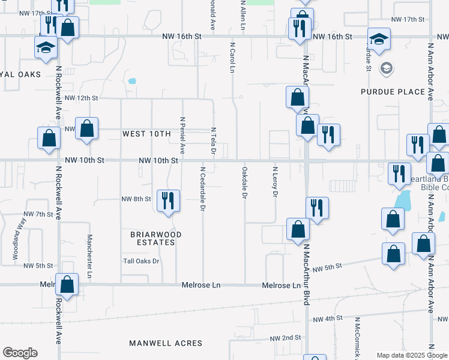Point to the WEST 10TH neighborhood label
[147, 134]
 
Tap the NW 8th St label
[136, 199]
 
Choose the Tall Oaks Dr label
[141, 261]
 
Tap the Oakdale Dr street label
[244, 184]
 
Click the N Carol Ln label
[232, 57]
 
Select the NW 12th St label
[81, 98]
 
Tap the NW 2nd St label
[285, 338]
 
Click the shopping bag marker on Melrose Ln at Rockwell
[67, 285]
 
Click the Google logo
[20, 353]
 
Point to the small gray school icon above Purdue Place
[385, 67]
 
